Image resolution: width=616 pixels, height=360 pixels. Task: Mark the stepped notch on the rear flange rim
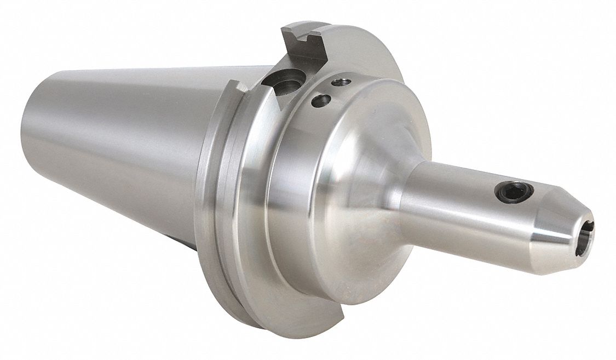pos(235,88)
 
